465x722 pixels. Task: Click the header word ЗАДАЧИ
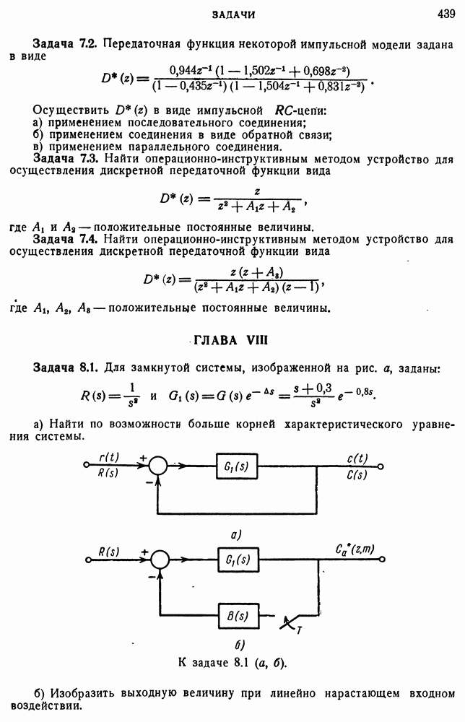click(x=234, y=14)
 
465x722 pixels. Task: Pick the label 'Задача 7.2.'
click(x=66, y=45)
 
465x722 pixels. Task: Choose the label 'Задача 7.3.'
click(x=66, y=158)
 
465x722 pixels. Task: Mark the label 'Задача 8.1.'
click(x=66, y=368)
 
